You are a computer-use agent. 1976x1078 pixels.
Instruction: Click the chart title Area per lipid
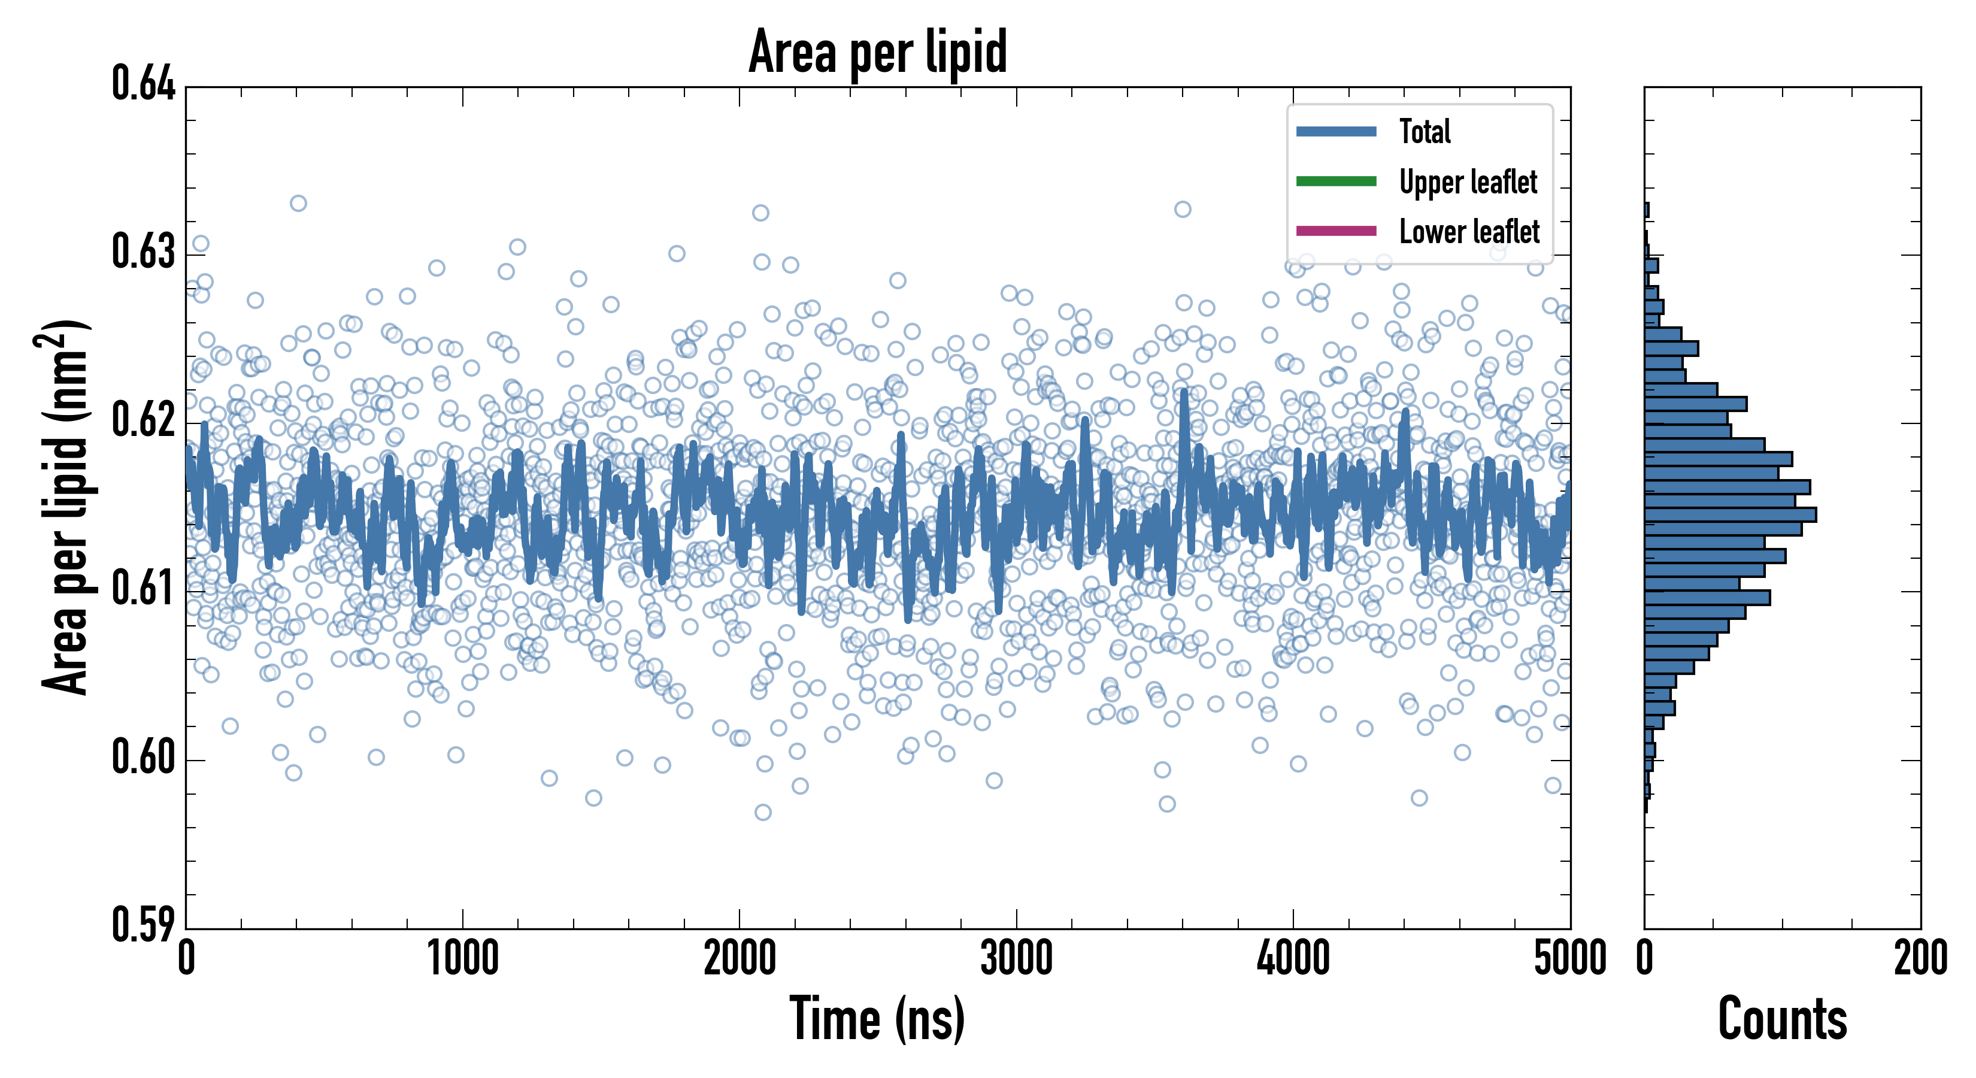pos(878,52)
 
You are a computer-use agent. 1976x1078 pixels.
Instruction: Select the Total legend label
pos(1425,132)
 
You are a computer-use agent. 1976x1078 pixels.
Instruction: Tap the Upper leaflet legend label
pos(1468,183)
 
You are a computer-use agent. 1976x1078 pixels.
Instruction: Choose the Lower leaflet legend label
pos(1469,232)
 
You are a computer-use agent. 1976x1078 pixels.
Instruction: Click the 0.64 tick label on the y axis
pos(144,84)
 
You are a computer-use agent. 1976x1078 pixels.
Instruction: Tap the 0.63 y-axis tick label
pos(144,252)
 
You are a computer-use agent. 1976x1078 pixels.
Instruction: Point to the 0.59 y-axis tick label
pos(144,925)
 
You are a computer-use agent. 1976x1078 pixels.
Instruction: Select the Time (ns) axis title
pos(878,1019)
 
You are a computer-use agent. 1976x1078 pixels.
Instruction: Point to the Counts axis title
pos(1782,1019)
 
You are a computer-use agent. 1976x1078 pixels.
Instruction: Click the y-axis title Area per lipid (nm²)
pos(65,507)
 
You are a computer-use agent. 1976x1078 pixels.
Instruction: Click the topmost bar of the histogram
pos(1647,210)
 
